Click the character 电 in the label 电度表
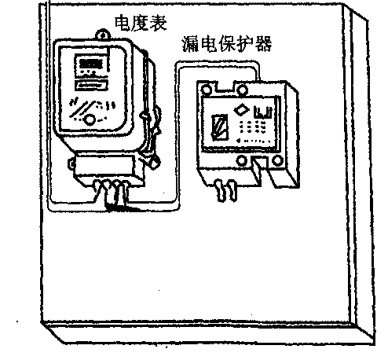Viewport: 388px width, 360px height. click(x=123, y=23)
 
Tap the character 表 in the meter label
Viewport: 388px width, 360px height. click(x=158, y=23)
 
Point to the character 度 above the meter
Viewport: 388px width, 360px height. click(x=141, y=23)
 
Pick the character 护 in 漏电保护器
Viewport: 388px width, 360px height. click(x=245, y=44)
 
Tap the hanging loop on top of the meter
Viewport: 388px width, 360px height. click(x=103, y=34)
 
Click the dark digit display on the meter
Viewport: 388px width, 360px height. click(x=90, y=64)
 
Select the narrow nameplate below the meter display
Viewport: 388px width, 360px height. click(x=91, y=86)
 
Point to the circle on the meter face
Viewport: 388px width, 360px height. click(x=90, y=119)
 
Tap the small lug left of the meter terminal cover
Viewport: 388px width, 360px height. click(x=71, y=163)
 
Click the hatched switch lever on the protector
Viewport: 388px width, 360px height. click(x=219, y=127)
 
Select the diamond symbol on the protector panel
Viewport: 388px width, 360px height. click(x=241, y=109)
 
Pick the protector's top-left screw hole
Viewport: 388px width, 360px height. click(x=207, y=90)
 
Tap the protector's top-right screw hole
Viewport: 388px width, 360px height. click(x=242, y=90)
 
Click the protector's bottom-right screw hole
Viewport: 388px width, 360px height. click(x=277, y=160)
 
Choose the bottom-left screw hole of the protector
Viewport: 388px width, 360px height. click(x=241, y=160)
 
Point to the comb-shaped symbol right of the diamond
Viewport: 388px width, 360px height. click(x=263, y=112)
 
